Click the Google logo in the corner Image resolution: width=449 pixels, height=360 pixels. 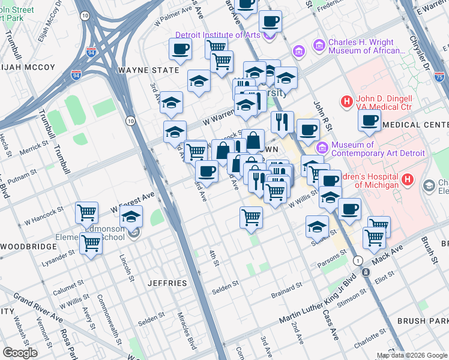tap(20, 353)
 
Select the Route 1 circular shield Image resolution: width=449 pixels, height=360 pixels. tap(358, 260)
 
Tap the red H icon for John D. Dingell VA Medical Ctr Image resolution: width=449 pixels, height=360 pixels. tap(346, 103)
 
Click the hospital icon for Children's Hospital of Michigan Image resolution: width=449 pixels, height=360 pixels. tap(408, 179)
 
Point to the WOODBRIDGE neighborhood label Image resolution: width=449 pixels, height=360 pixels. tap(28, 246)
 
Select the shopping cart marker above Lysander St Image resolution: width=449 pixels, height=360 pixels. tap(91, 243)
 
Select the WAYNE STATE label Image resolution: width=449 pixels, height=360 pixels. tap(149, 70)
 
